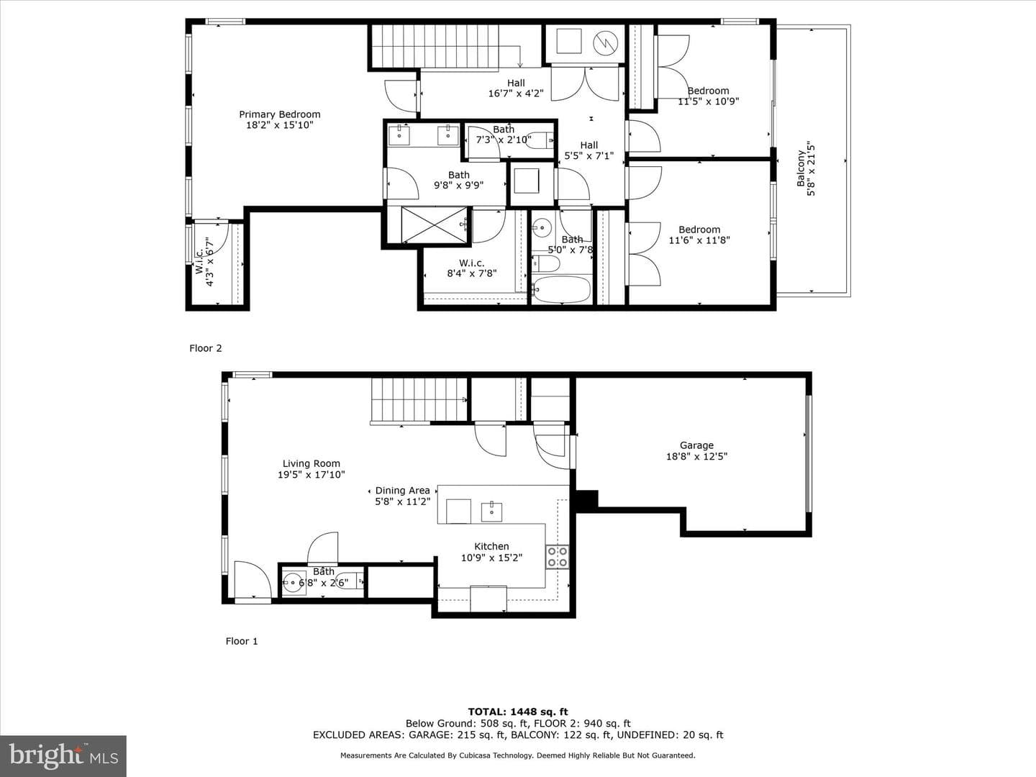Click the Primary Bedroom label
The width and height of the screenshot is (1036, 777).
coord(279,114)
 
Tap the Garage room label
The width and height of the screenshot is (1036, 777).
coord(696,445)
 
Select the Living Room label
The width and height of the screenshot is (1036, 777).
coord(311,463)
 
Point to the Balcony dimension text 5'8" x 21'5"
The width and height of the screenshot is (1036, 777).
coord(812,168)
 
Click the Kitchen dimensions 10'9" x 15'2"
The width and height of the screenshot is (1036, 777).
coord(491,558)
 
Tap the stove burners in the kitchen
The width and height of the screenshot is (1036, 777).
coord(557,557)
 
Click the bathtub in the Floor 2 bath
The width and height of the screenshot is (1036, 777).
coord(562,289)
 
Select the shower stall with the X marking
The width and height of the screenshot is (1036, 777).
coord(433,225)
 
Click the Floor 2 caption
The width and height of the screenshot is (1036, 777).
coord(205,348)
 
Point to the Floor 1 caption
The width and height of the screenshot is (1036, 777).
coord(242,641)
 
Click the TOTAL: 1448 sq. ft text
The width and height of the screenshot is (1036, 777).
coord(518,712)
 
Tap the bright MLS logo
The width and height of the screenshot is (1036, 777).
coord(63,755)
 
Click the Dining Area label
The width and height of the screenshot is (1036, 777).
coord(402,490)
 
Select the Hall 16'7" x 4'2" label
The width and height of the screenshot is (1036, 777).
coord(516,88)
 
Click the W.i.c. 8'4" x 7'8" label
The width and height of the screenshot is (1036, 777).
coord(471,268)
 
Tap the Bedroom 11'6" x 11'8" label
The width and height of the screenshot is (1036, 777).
coord(699,235)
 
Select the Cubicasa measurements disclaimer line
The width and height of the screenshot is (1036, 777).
coord(518,755)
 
